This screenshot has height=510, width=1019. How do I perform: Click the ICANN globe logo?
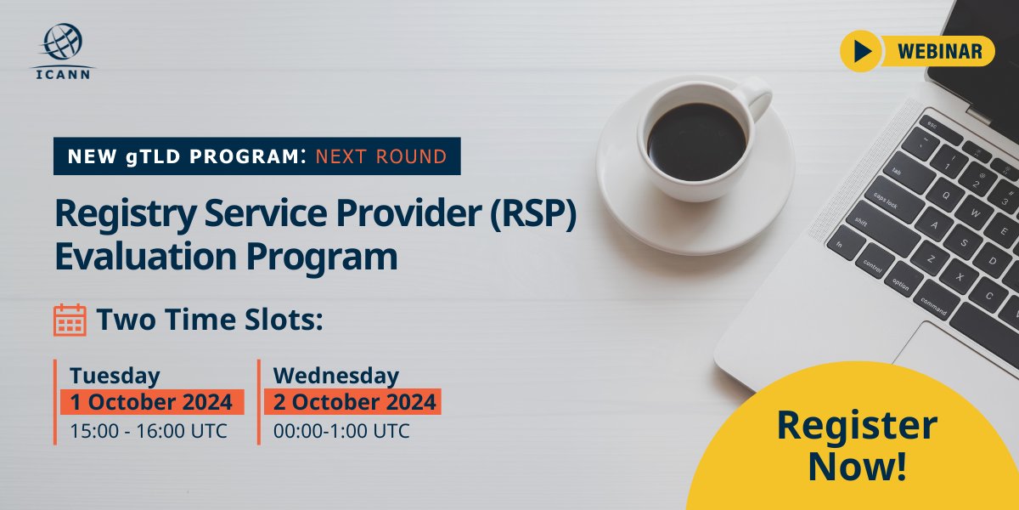[64, 42]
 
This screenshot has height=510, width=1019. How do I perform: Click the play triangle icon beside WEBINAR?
[864, 52]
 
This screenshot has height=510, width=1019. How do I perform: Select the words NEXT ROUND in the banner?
[380, 156]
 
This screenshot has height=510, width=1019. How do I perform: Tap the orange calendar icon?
[70, 320]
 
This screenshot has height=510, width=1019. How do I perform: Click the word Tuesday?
[115, 375]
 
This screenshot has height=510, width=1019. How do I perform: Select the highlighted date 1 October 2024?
[152, 402]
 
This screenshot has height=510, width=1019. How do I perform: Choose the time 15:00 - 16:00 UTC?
[149, 431]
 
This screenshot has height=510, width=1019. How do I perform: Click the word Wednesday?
[336, 375]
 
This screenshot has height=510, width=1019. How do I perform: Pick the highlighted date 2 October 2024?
[352, 402]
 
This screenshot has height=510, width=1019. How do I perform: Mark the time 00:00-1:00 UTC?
[341, 431]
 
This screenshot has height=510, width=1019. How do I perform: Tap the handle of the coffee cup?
[756, 96]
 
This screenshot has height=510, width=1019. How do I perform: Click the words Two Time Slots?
[211, 320]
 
